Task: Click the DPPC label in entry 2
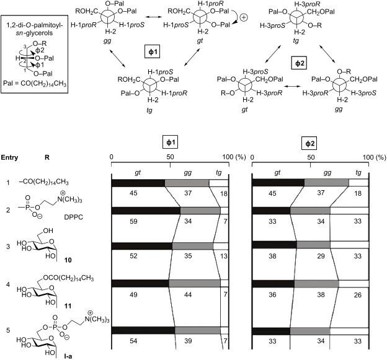coord(73,217)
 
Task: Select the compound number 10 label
coord(68,260)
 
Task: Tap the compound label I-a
coord(68,356)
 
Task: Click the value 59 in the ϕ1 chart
coord(133,221)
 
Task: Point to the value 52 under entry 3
coord(133,256)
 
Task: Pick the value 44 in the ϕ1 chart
coord(188,295)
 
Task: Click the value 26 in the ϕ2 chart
coord(358,295)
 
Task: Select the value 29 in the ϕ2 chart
coord(321,256)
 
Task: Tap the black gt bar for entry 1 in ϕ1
coord(138,183)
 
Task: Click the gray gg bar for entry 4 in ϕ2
coord(317,284)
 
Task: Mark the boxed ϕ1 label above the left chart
coord(171,143)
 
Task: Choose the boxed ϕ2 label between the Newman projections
coord(299,63)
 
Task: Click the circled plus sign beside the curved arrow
coord(244,18)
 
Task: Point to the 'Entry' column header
coord(10,157)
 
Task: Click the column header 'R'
coord(47,157)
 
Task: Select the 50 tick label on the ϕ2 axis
coord(311,157)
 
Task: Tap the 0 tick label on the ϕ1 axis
coord(112,157)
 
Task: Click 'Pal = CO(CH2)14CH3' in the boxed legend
coord(35,84)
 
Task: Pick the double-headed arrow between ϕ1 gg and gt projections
coord(153,17)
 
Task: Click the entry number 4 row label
coord(8,284)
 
